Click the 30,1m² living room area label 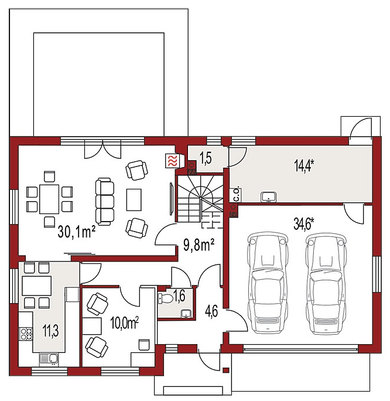coord(77,232)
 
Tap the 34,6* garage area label coord(304,225)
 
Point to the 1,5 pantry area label coord(206,159)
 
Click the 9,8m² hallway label coord(199,244)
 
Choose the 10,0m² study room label coord(124,323)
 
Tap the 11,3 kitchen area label coord(50,331)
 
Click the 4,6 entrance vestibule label coord(211,312)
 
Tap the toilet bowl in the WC coord(166,298)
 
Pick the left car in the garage coord(268,284)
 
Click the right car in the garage coord(326,284)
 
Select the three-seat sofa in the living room coord(105,202)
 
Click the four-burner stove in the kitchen coord(26,334)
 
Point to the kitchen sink coord(49,359)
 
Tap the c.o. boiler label coord(237,195)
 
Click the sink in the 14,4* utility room coord(268,197)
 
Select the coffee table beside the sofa coord(134,200)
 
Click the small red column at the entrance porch coord(225,370)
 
